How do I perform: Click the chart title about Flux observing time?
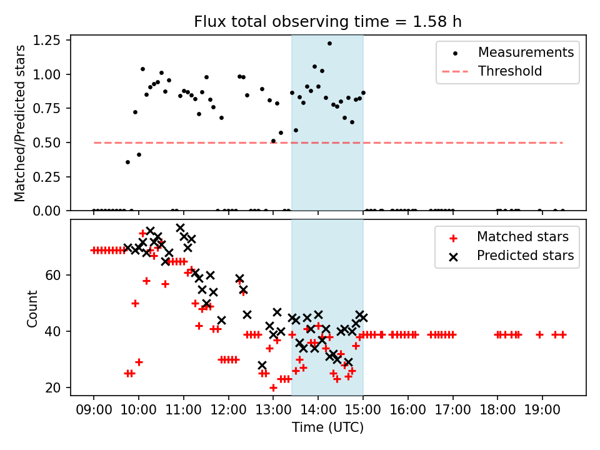tap(327, 22)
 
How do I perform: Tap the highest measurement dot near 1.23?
tap(329, 43)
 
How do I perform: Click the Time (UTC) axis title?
tap(327, 428)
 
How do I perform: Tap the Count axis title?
tap(32, 308)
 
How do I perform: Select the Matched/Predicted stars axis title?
tap(20, 123)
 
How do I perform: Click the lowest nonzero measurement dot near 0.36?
tap(127, 162)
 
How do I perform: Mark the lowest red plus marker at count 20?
tap(273, 387)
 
